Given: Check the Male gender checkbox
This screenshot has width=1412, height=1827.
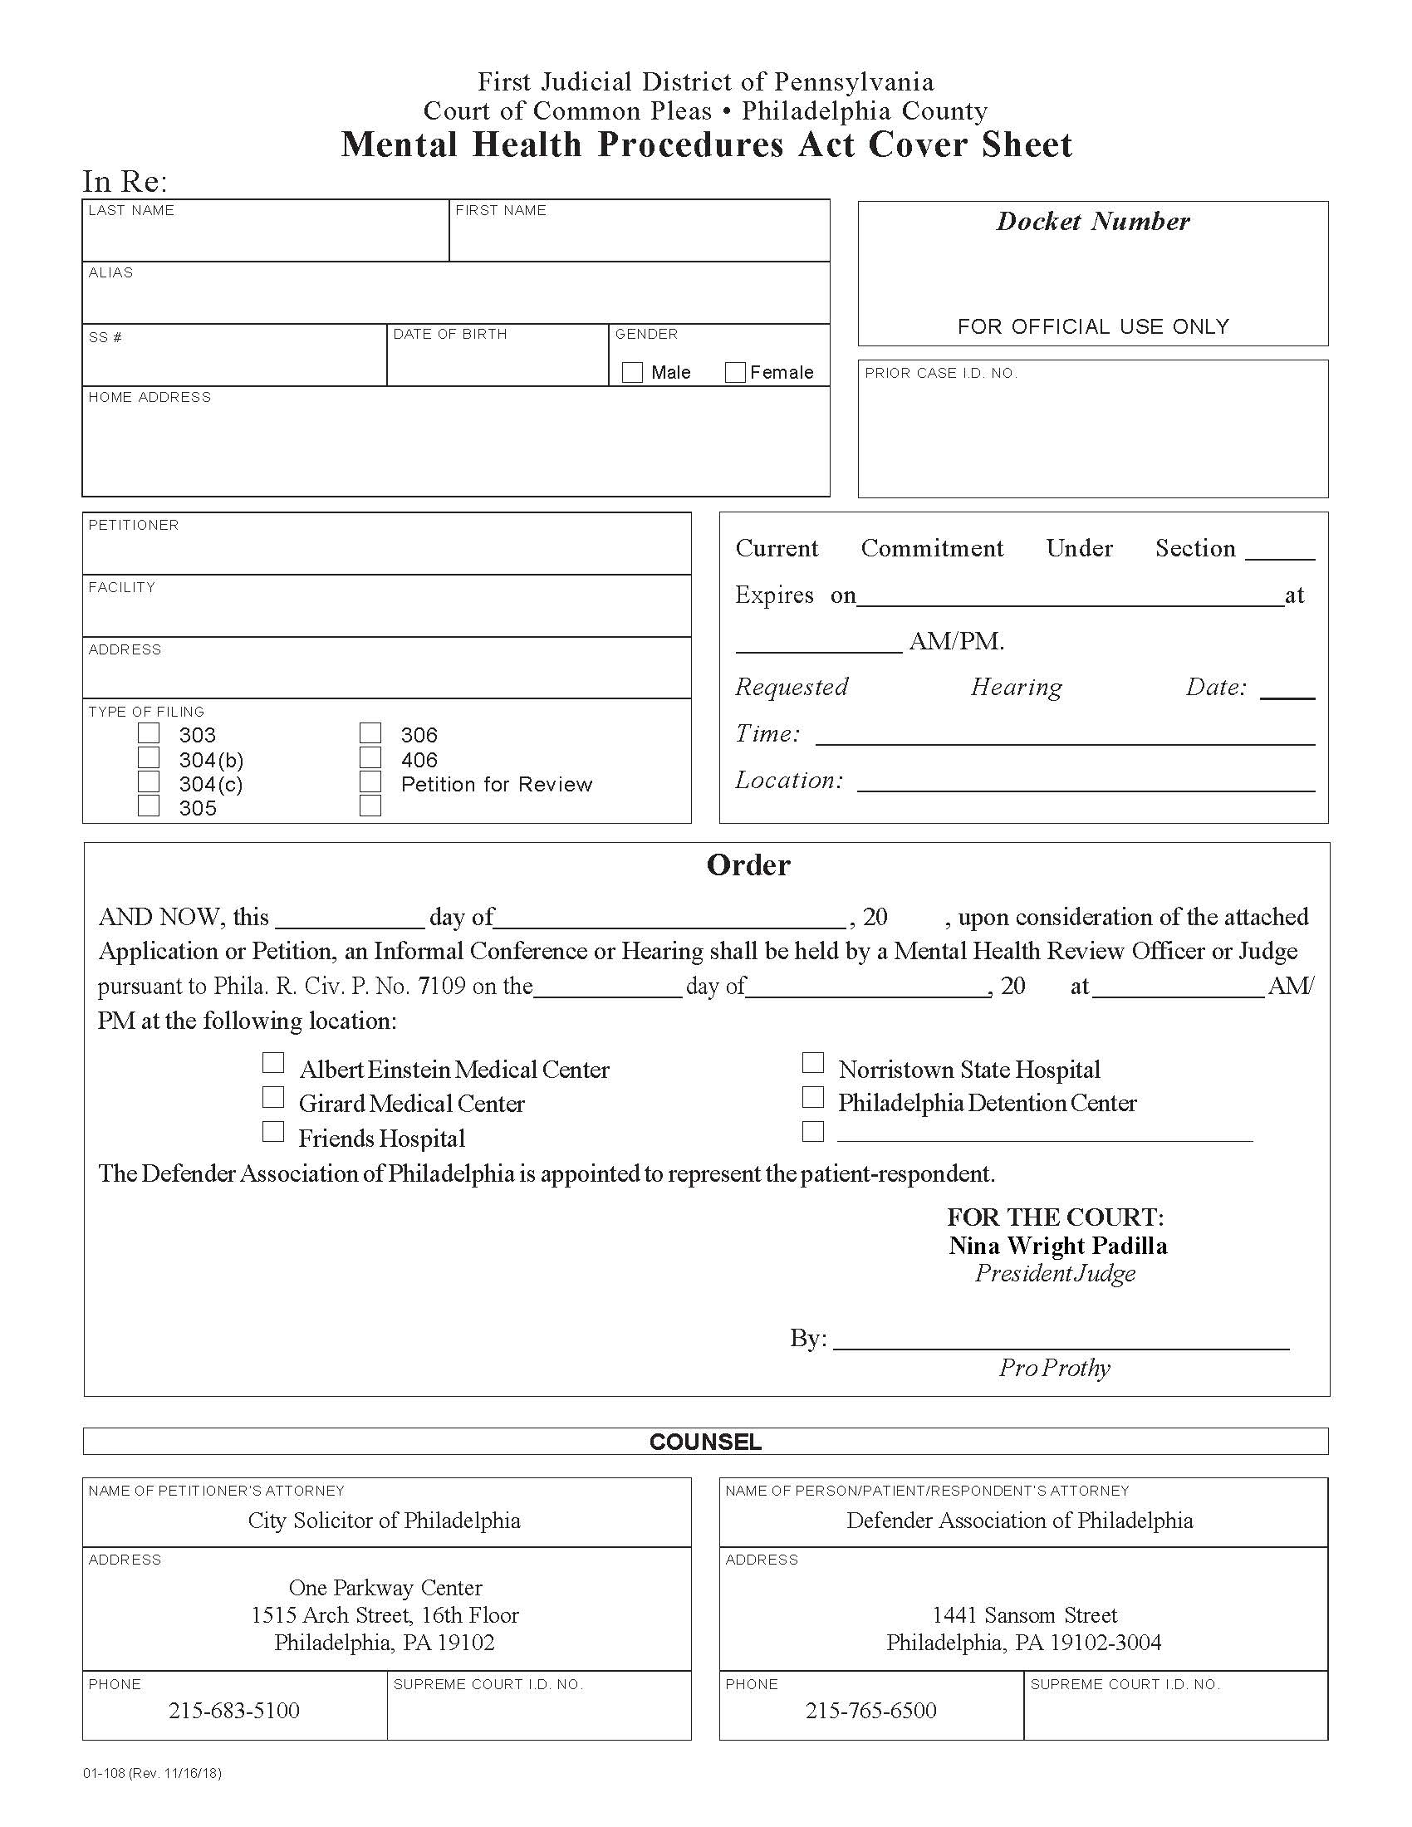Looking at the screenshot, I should click(632, 372).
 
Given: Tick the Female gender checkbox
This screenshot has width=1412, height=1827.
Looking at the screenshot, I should click(735, 372).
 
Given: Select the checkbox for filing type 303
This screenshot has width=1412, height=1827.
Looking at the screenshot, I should click(149, 733).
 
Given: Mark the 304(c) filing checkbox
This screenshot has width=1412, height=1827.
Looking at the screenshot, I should click(149, 782).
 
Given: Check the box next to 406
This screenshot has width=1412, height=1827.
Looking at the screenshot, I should click(370, 758).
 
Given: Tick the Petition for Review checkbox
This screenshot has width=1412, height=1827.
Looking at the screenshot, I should click(370, 782).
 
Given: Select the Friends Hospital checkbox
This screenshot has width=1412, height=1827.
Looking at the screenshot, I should click(273, 1132).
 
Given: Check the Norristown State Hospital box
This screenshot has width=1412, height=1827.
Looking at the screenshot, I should click(813, 1062).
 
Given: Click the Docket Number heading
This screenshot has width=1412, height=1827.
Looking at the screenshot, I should click(1092, 222).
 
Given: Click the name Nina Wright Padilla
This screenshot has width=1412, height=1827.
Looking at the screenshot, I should click(1057, 1246).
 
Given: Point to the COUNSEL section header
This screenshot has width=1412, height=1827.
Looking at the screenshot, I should click(705, 1442).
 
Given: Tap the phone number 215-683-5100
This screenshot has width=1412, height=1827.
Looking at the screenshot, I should click(234, 1710).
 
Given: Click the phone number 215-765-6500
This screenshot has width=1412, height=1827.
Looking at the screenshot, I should click(870, 1710).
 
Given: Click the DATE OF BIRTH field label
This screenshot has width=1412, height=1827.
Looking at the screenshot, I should click(450, 334).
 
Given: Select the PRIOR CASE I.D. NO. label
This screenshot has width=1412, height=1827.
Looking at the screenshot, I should click(941, 373).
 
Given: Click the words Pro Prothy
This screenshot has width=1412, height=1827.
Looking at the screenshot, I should click(1054, 1368).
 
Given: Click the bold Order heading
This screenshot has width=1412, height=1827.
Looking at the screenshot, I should click(748, 865).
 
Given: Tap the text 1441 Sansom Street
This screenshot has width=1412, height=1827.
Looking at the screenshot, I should click(1025, 1614).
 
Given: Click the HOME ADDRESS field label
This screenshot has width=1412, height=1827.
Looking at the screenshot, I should click(150, 397).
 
